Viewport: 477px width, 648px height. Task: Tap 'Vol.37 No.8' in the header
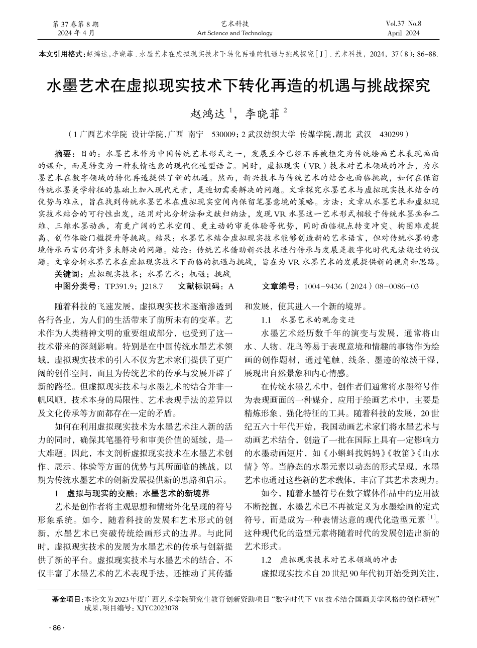pos(404,24)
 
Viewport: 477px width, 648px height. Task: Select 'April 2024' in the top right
pos(403,33)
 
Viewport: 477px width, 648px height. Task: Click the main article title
pos(238,86)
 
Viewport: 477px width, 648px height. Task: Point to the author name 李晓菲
pos(263,114)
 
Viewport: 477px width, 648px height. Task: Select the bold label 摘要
pos(64,152)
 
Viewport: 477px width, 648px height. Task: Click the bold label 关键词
pos(69,274)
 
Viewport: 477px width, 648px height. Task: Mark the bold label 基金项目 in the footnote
pos(68,599)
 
